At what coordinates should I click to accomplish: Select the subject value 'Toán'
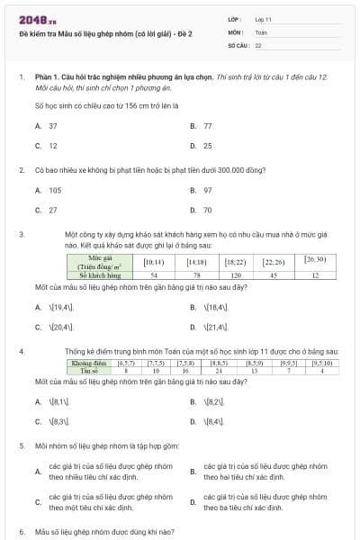click(x=262, y=31)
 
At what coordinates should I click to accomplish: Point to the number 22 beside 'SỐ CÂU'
click(x=258, y=44)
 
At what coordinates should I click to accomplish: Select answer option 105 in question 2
click(x=55, y=190)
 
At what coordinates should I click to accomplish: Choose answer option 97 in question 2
click(x=208, y=190)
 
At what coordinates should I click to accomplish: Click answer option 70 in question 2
click(x=208, y=210)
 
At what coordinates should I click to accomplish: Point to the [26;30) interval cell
click(x=315, y=261)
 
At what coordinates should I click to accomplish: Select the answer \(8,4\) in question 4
click(x=214, y=421)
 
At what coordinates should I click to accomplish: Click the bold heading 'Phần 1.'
click(x=50, y=78)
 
